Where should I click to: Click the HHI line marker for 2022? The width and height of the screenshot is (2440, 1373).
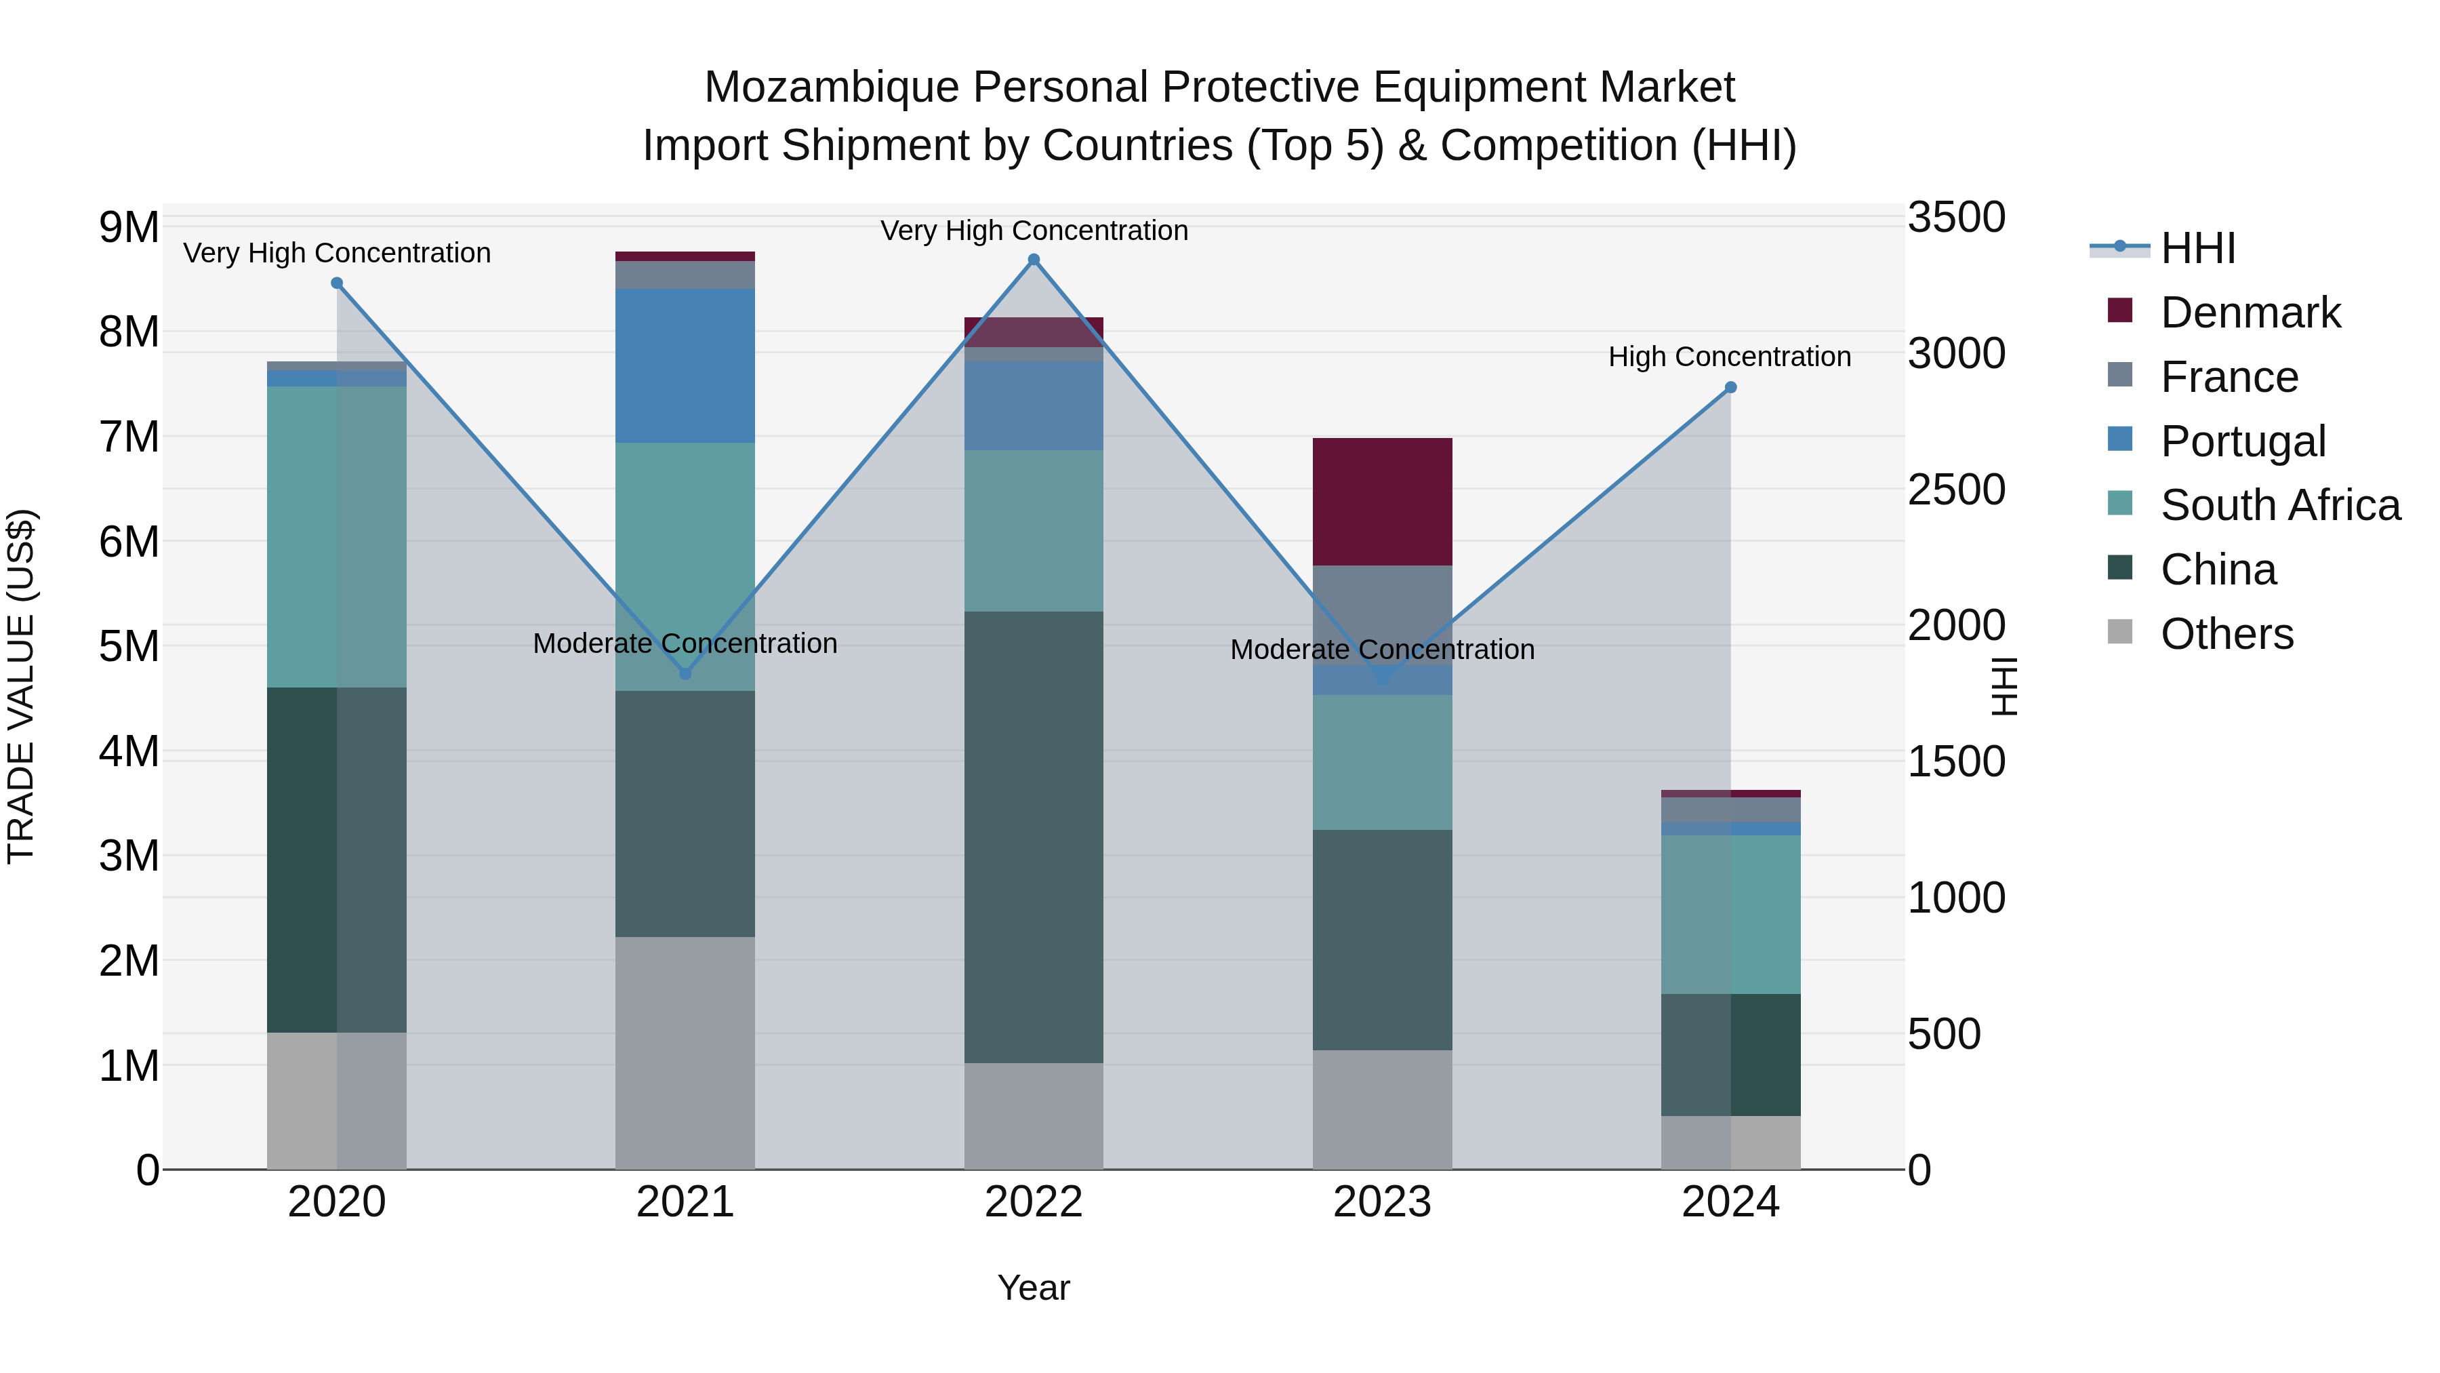click(x=1034, y=260)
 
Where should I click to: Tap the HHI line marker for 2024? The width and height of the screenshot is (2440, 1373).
click(x=1730, y=388)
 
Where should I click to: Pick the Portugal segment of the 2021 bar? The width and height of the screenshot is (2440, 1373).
click(x=685, y=365)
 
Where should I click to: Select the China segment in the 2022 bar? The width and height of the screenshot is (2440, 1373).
click(x=1034, y=837)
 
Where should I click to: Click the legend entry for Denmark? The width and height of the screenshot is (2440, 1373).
click(x=2250, y=313)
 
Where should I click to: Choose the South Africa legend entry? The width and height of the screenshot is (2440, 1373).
click(x=2279, y=505)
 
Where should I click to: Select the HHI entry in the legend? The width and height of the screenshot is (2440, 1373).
click(x=2197, y=248)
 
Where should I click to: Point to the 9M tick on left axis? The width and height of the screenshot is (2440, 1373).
click(x=129, y=227)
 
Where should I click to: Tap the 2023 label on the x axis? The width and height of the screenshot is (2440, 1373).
click(x=1382, y=1202)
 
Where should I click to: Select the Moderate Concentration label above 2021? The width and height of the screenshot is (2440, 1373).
click(x=685, y=643)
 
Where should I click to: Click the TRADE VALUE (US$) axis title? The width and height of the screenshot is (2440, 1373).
click(x=21, y=686)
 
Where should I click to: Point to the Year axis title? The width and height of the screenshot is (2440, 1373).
click(x=1034, y=1288)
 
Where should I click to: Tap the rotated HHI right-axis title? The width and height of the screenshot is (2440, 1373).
click(x=2004, y=686)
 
